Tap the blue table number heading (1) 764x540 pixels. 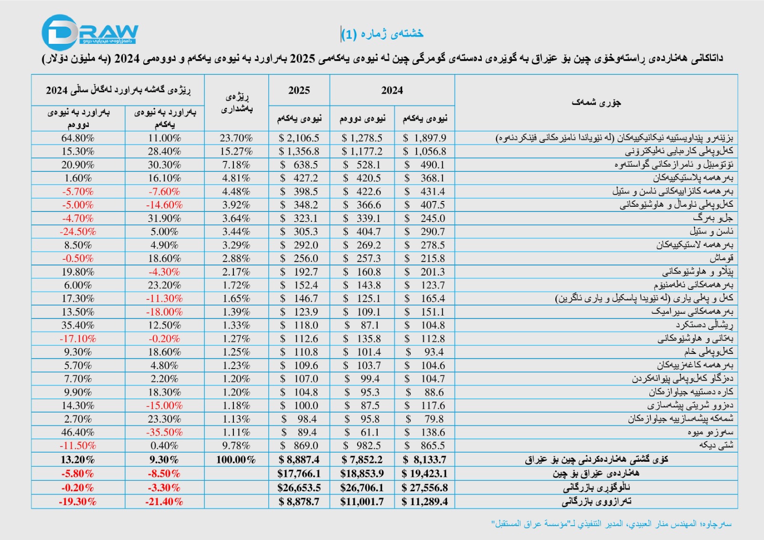[382, 34]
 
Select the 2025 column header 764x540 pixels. [299, 90]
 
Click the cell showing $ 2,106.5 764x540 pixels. [299, 138]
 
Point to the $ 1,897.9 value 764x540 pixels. [424, 138]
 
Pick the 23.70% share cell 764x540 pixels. [236, 138]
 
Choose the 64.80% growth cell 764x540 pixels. [78, 138]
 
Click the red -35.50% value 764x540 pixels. [164, 432]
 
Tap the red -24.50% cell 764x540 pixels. [78, 232]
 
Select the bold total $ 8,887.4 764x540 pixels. [299, 460]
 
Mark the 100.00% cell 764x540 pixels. [236, 460]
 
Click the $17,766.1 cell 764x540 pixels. [299, 474]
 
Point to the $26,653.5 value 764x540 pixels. [299, 488]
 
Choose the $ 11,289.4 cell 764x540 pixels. [424, 502]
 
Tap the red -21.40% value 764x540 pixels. [164, 502]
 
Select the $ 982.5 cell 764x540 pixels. [362, 445]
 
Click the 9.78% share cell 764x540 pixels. [236, 445]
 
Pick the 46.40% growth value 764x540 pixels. [78, 432]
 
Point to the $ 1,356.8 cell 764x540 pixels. [299, 151]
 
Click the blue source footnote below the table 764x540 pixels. [611, 524]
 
